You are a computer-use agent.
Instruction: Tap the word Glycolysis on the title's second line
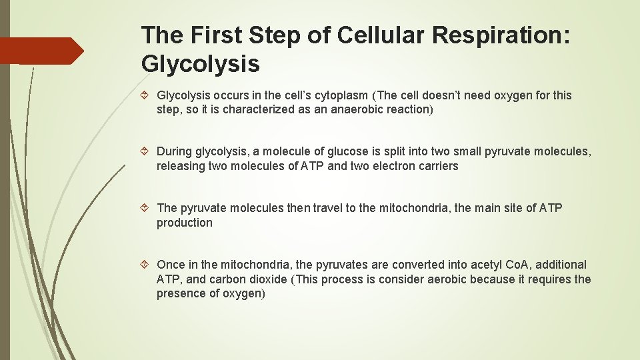pos(201,64)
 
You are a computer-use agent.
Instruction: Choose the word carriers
pos(437,166)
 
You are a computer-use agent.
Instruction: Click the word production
pos(185,223)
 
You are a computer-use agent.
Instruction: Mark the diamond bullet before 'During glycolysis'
pos(147,152)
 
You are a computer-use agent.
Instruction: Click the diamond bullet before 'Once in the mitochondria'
pos(147,265)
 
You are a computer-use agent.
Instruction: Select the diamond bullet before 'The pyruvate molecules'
pos(147,209)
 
